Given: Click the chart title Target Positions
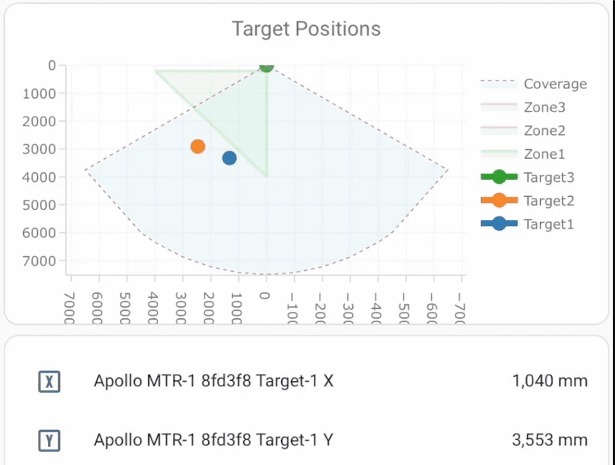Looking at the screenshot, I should pyautogui.click(x=306, y=29).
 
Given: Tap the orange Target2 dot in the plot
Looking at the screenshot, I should pyautogui.click(x=198, y=147).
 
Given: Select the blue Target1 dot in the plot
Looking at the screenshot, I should pyautogui.click(x=229, y=158).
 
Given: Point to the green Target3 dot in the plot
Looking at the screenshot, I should pyautogui.click(x=266, y=66).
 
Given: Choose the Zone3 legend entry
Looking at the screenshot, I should pyautogui.click(x=545, y=108).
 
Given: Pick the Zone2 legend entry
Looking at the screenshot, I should pyautogui.click(x=545, y=131).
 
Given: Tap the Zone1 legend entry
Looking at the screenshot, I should pyautogui.click(x=545, y=154).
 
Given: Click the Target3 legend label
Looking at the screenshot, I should pyautogui.click(x=548, y=177).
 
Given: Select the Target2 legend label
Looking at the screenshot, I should pyautogui.click(x=548, y=200).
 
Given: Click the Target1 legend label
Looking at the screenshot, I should pyautogui.click(x=548, y=224).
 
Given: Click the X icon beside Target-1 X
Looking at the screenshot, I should pyautogui.click(x=49, y=382).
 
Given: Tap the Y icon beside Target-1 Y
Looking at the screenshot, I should pyautogui.click(x=49, y=441).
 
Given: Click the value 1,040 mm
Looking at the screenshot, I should pyautogui.click(x=550, y=381).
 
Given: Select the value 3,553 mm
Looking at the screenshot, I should pyautogui.click(x=550, y=440).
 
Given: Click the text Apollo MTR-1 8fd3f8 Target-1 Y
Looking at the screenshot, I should pyautogui.click(x=213, y=440).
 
